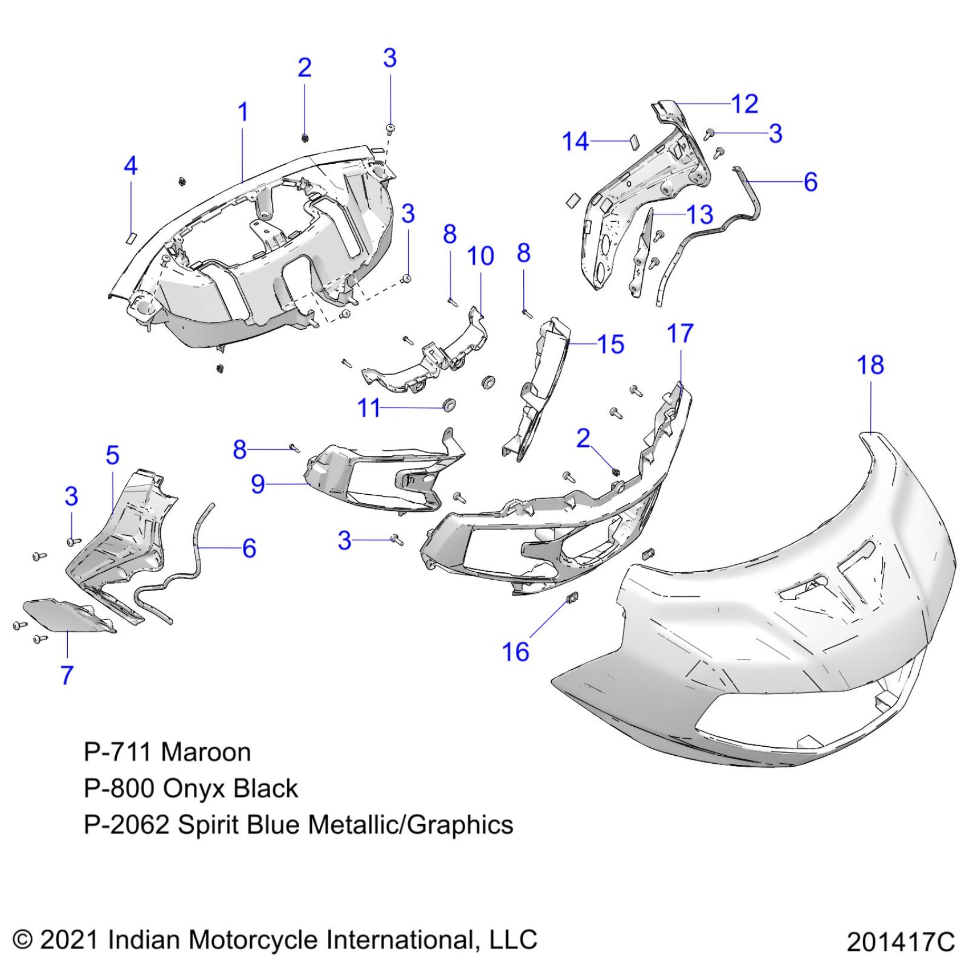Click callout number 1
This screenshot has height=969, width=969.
tap(243, 112)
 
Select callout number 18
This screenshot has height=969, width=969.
tap(870, 365)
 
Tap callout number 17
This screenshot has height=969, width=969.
tap(679, 334)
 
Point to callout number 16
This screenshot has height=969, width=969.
tap(515, 652)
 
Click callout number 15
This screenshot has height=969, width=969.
tap(610, 345)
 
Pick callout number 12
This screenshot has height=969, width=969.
tap(744, 104)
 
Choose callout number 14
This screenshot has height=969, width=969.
tap(575, 141)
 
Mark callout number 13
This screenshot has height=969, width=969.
tap(699, 215)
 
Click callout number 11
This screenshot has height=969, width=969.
tap(368, 408)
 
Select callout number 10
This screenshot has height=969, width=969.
tap(480, 256)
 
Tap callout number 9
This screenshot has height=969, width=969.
tap(258, 484)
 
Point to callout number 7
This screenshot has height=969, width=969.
tap(67, 675)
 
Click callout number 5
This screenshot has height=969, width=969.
tap(112, 455)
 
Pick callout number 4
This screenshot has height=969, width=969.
tap(131, 166)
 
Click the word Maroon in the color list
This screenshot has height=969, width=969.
tap(206, 752)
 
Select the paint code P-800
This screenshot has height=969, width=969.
tap(119, 789)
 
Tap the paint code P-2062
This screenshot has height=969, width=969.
tap(126, 825)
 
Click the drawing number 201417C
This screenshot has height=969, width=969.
tap(900, 942)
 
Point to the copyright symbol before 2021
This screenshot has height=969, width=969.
tap(22, 939)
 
